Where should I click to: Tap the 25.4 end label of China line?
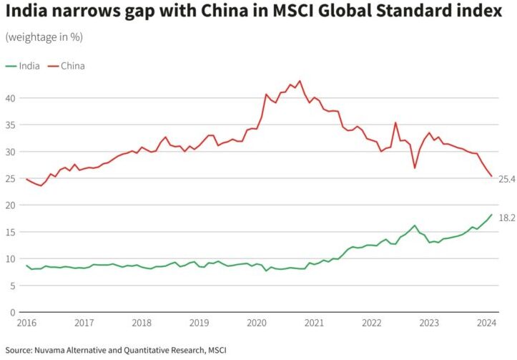coord(506,178)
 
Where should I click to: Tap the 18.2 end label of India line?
coord(506,218)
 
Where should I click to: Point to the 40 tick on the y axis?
coord(10,98)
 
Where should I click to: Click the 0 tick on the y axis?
coord(13,313)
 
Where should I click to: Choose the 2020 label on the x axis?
coord(257,323)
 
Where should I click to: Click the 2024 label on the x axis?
coord(486,323)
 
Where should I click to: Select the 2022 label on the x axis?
coord(372,323)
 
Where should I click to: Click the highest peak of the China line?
coord(299,81)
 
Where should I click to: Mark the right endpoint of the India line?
coord(491,215)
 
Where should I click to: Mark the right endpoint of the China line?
coord(491,176)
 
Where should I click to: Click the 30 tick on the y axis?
coord(10,152)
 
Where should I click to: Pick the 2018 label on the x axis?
coord(142,323)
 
